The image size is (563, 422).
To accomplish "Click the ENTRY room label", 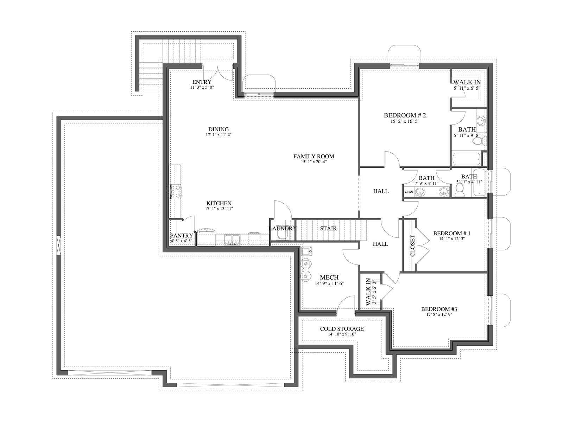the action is (202, 82).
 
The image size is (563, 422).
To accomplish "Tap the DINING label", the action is (219, 129).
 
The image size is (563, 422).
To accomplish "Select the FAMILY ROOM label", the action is (314, 156).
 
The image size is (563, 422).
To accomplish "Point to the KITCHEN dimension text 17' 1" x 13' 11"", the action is (219, 209).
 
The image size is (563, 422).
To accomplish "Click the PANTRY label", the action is (181, 236).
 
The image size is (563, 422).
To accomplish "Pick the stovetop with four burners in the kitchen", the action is (176, 191).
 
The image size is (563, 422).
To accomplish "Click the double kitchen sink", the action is (232, 239).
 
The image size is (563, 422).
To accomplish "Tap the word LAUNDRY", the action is (283, 228).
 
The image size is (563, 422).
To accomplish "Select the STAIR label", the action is (328, 228).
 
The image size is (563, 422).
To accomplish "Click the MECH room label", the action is (329, 277).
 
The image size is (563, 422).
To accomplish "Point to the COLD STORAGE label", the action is (342, 328).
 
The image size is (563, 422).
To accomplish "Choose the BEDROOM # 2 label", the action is (405, 115).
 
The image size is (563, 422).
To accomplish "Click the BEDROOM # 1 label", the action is (452, 234).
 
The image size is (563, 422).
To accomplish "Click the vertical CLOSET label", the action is (412, 246).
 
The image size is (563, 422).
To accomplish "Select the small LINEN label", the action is (409, 192).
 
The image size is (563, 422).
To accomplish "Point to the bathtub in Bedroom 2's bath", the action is (467, 159).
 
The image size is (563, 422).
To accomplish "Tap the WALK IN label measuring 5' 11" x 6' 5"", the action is (467, 82).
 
